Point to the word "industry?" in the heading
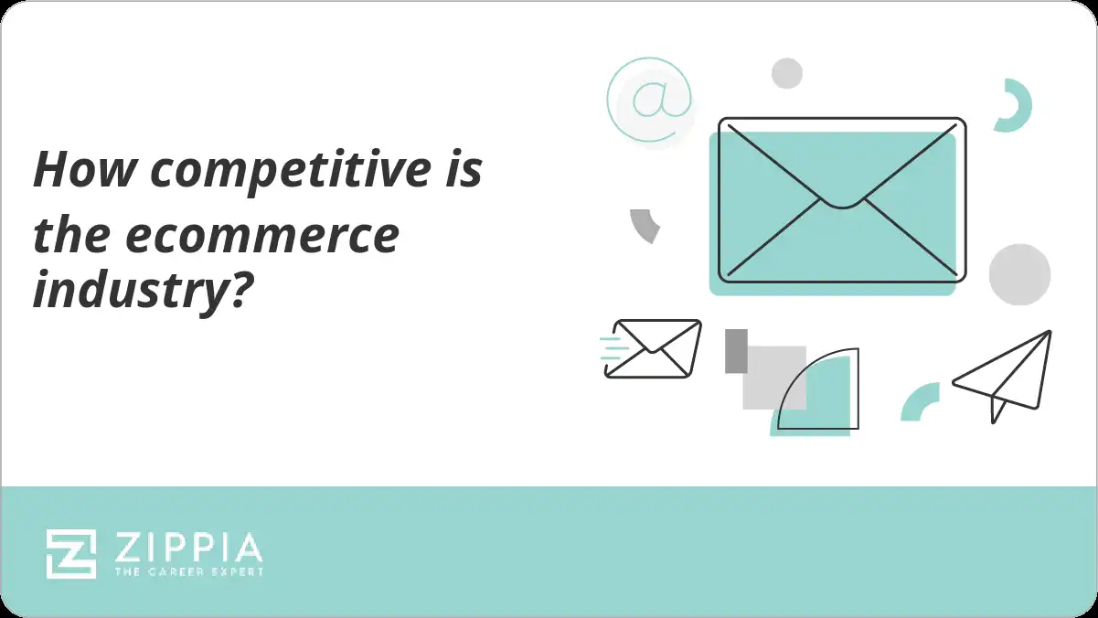142,291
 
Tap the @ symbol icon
650,100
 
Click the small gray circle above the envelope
786,73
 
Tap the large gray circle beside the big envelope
1019,274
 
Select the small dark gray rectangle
736,351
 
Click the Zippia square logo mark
71,554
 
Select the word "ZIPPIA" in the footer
188,548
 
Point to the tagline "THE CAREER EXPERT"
188,571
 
